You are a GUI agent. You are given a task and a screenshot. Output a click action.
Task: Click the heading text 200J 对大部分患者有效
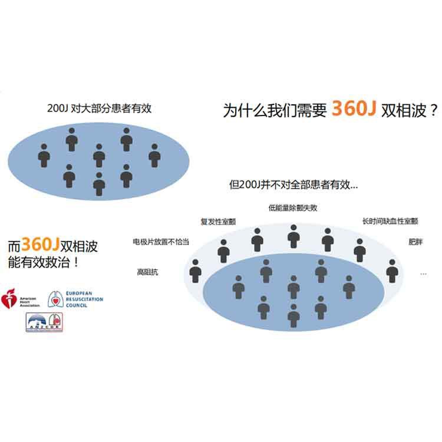point(99,108)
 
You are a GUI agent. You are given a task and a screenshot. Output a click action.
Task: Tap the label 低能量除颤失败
point(292,208)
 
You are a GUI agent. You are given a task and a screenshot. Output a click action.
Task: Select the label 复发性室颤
point(218,222)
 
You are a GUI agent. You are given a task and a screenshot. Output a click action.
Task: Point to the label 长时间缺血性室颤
point(390,222)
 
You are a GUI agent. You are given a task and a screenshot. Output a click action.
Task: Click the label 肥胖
point(415,242)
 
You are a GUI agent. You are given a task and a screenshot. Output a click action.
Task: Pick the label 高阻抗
point(147,272)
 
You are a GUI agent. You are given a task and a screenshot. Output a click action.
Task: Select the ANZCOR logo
point(45,323)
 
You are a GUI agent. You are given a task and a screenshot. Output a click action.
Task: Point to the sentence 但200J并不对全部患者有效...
point(293,185)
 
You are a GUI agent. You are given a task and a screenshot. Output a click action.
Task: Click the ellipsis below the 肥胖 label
point(423,273)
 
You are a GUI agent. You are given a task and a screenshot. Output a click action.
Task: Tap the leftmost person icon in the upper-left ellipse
point(44,156)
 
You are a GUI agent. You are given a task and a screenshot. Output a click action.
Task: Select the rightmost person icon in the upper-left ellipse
point(154,156)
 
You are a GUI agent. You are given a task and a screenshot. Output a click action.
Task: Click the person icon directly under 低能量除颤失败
point(293,236)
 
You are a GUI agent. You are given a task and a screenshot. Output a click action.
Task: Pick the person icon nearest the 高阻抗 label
point(195,271)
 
